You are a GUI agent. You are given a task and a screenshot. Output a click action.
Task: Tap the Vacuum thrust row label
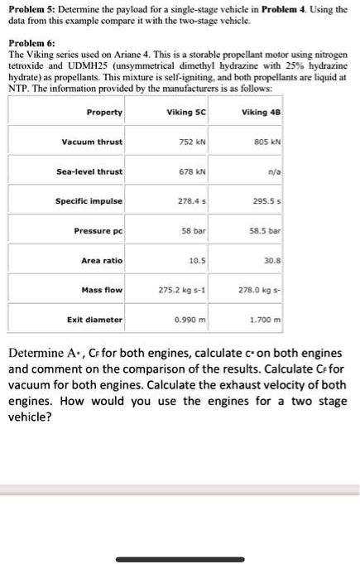coord(92,142)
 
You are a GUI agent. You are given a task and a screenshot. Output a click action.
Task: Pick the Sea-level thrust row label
coord(89,171)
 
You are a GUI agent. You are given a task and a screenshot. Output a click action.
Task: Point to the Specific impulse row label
coord(89,201)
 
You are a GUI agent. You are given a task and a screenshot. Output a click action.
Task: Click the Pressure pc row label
coord(98,230)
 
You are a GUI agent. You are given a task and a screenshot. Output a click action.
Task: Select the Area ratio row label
coord(101,260)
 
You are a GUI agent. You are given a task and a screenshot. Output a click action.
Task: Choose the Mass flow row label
coord(102,290)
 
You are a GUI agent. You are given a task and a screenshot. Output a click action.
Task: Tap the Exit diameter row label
coord(94,319)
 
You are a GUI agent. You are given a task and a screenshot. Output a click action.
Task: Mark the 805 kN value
coord(270,142)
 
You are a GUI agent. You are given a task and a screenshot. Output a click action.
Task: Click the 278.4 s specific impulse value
coord(191,201)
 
